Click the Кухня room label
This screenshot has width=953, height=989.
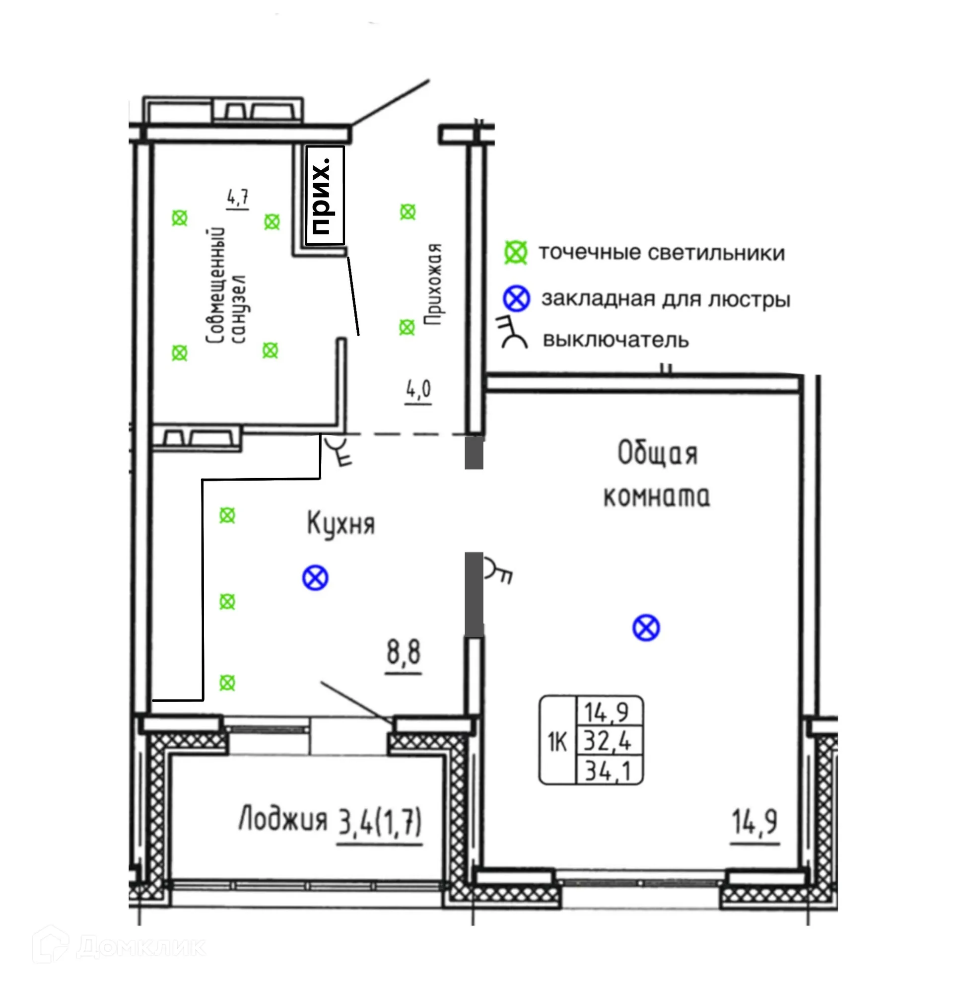[x=341, y=524]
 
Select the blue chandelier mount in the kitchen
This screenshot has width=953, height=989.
[x=315, y=578]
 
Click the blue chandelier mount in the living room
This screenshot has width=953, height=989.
[x=646, y=628]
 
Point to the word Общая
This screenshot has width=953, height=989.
[x=657, y=453]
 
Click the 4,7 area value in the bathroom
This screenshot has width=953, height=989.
[x=238, y=198]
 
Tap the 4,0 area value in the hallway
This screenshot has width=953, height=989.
[x=419, y=389]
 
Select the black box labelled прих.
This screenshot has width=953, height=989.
[x=326, y=196]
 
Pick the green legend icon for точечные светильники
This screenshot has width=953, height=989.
[x=516, y=252]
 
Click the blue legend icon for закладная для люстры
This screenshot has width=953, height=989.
[x=516, y=298]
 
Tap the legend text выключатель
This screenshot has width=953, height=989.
[x=615, y=340]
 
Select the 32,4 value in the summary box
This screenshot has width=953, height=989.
[x=608, y=741]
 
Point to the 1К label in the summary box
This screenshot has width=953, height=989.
[x=557, y=742]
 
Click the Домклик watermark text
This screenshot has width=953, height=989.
[x=141, y=947]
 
